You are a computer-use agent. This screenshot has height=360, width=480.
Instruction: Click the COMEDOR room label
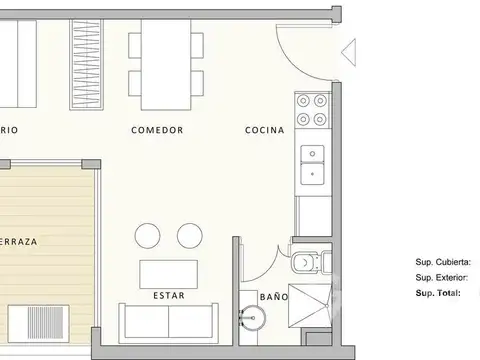156,131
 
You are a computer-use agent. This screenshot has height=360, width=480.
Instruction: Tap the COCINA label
265,131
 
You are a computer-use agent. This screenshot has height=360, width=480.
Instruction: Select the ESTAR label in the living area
167,296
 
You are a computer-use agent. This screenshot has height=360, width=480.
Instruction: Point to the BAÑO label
273,297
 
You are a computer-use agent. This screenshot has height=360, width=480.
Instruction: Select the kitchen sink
313,163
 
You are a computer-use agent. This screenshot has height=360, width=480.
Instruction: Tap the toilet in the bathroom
306,262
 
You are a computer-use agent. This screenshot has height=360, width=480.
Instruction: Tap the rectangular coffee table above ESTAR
167,273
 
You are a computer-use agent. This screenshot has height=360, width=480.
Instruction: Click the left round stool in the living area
147,236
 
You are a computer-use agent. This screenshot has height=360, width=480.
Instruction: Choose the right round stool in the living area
188,236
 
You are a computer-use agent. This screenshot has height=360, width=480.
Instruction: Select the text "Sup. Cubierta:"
443,262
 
